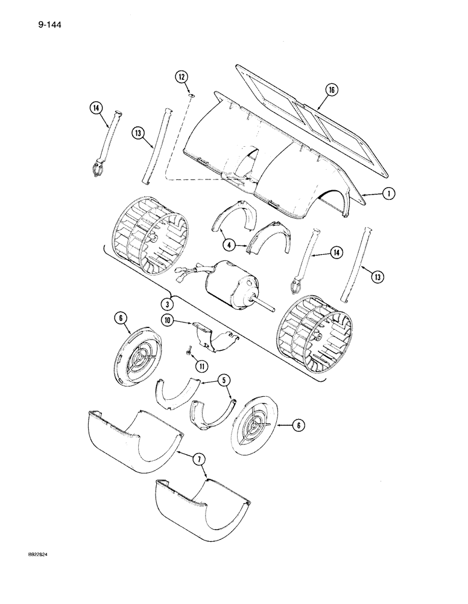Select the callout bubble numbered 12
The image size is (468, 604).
182,77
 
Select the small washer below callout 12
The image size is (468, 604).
191,94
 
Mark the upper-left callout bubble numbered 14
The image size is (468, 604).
94,109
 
